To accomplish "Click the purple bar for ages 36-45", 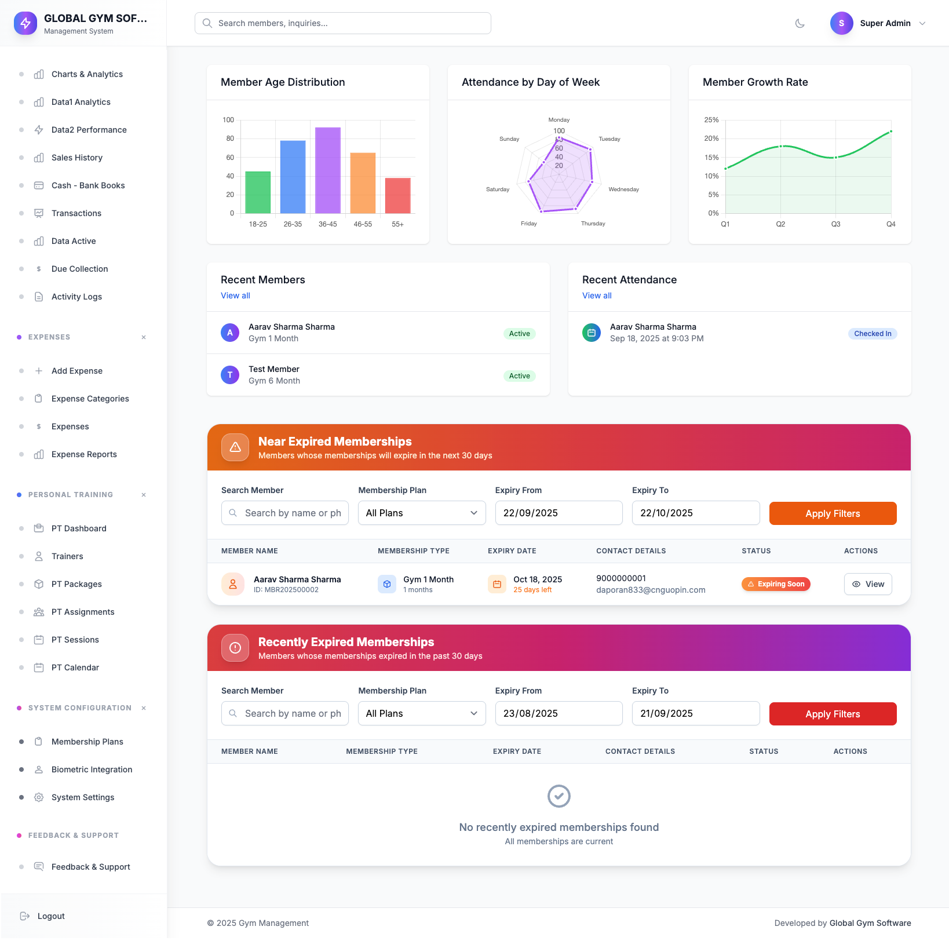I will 328,170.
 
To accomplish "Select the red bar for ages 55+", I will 398,196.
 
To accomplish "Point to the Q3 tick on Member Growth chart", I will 835,224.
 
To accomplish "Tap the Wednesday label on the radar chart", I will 623,189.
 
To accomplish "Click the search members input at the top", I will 343,23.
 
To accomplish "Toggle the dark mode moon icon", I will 800,23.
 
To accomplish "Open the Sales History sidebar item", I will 76,158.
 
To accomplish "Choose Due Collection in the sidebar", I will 79,269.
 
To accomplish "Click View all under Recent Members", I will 235,296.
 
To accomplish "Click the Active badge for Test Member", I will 520,376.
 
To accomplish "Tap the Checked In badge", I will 873,334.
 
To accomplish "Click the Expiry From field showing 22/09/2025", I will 559,513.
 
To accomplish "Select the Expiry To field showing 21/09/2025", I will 695,714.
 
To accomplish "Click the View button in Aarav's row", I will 868,584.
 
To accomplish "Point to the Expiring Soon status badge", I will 776,584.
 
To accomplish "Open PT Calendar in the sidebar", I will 75,668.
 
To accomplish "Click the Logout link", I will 51,916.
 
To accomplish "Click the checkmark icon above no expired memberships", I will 559,796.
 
